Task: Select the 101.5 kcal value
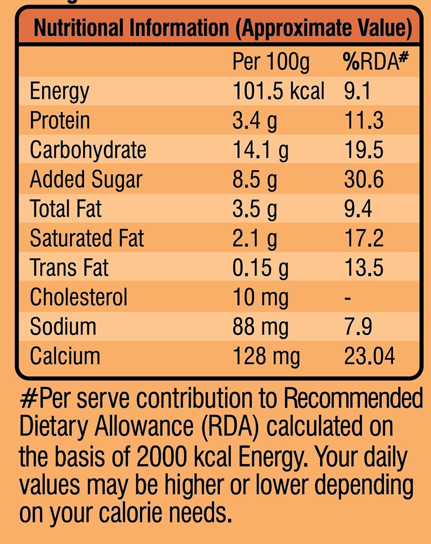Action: [278, 91]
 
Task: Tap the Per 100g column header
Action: [271, 62]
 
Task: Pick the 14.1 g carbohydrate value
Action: [260, 150]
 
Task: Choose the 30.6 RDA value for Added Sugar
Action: [363, 179]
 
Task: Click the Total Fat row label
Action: [66, 209]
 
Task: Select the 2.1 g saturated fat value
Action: [254, 238]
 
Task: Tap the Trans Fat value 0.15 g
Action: [260, 268]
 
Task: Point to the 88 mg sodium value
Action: [260, 326]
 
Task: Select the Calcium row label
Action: [65, 356]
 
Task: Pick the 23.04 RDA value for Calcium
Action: [369, 356]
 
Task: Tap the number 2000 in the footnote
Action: [161, 456]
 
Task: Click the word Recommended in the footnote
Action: [353, 398]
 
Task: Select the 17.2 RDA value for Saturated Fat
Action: [363, 238]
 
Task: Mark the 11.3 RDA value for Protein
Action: [363, 120]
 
